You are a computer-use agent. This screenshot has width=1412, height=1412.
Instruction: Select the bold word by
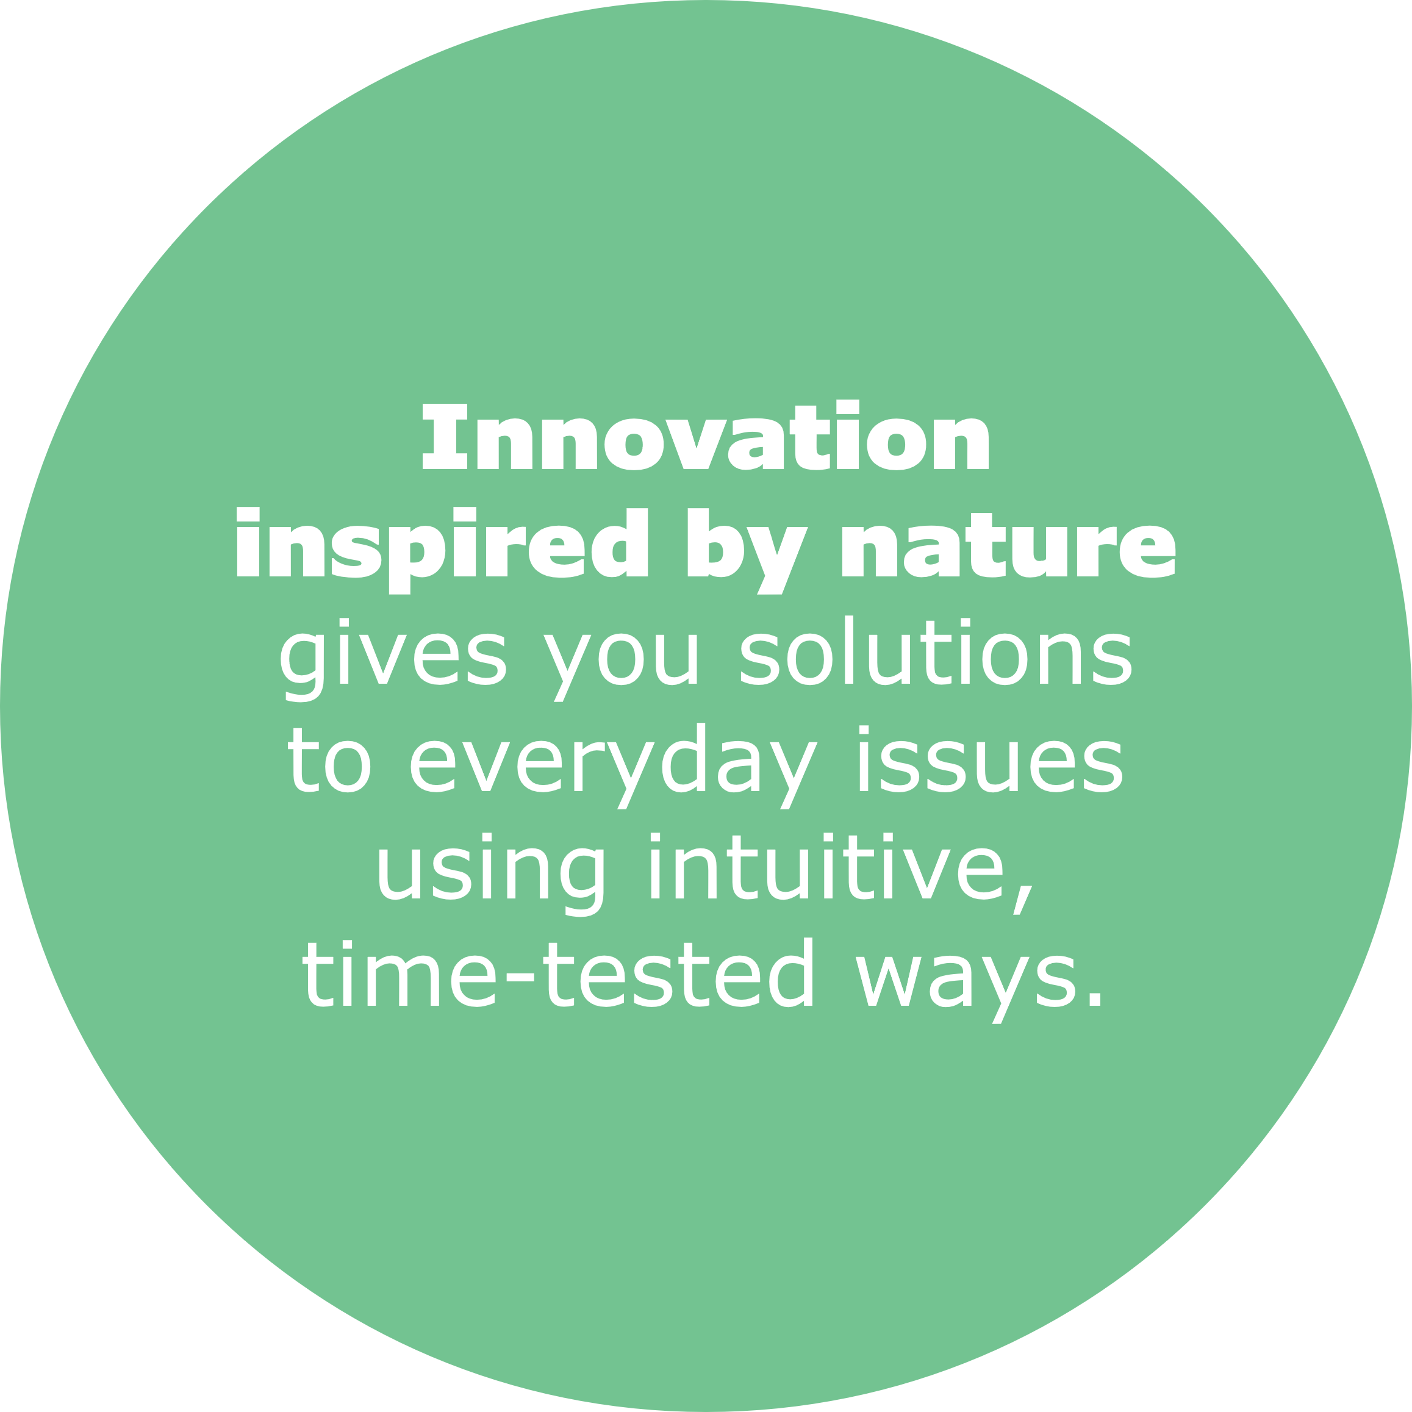pyautogui.click(x=748, y=551)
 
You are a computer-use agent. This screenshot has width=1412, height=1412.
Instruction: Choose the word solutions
pyautogui.click(x=936, y=650)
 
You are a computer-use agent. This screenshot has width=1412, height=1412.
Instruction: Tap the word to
pyautogui.click(x=329, y=759)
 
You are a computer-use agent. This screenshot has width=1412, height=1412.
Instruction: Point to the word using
pyautogui.click(x=491, y=873)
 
